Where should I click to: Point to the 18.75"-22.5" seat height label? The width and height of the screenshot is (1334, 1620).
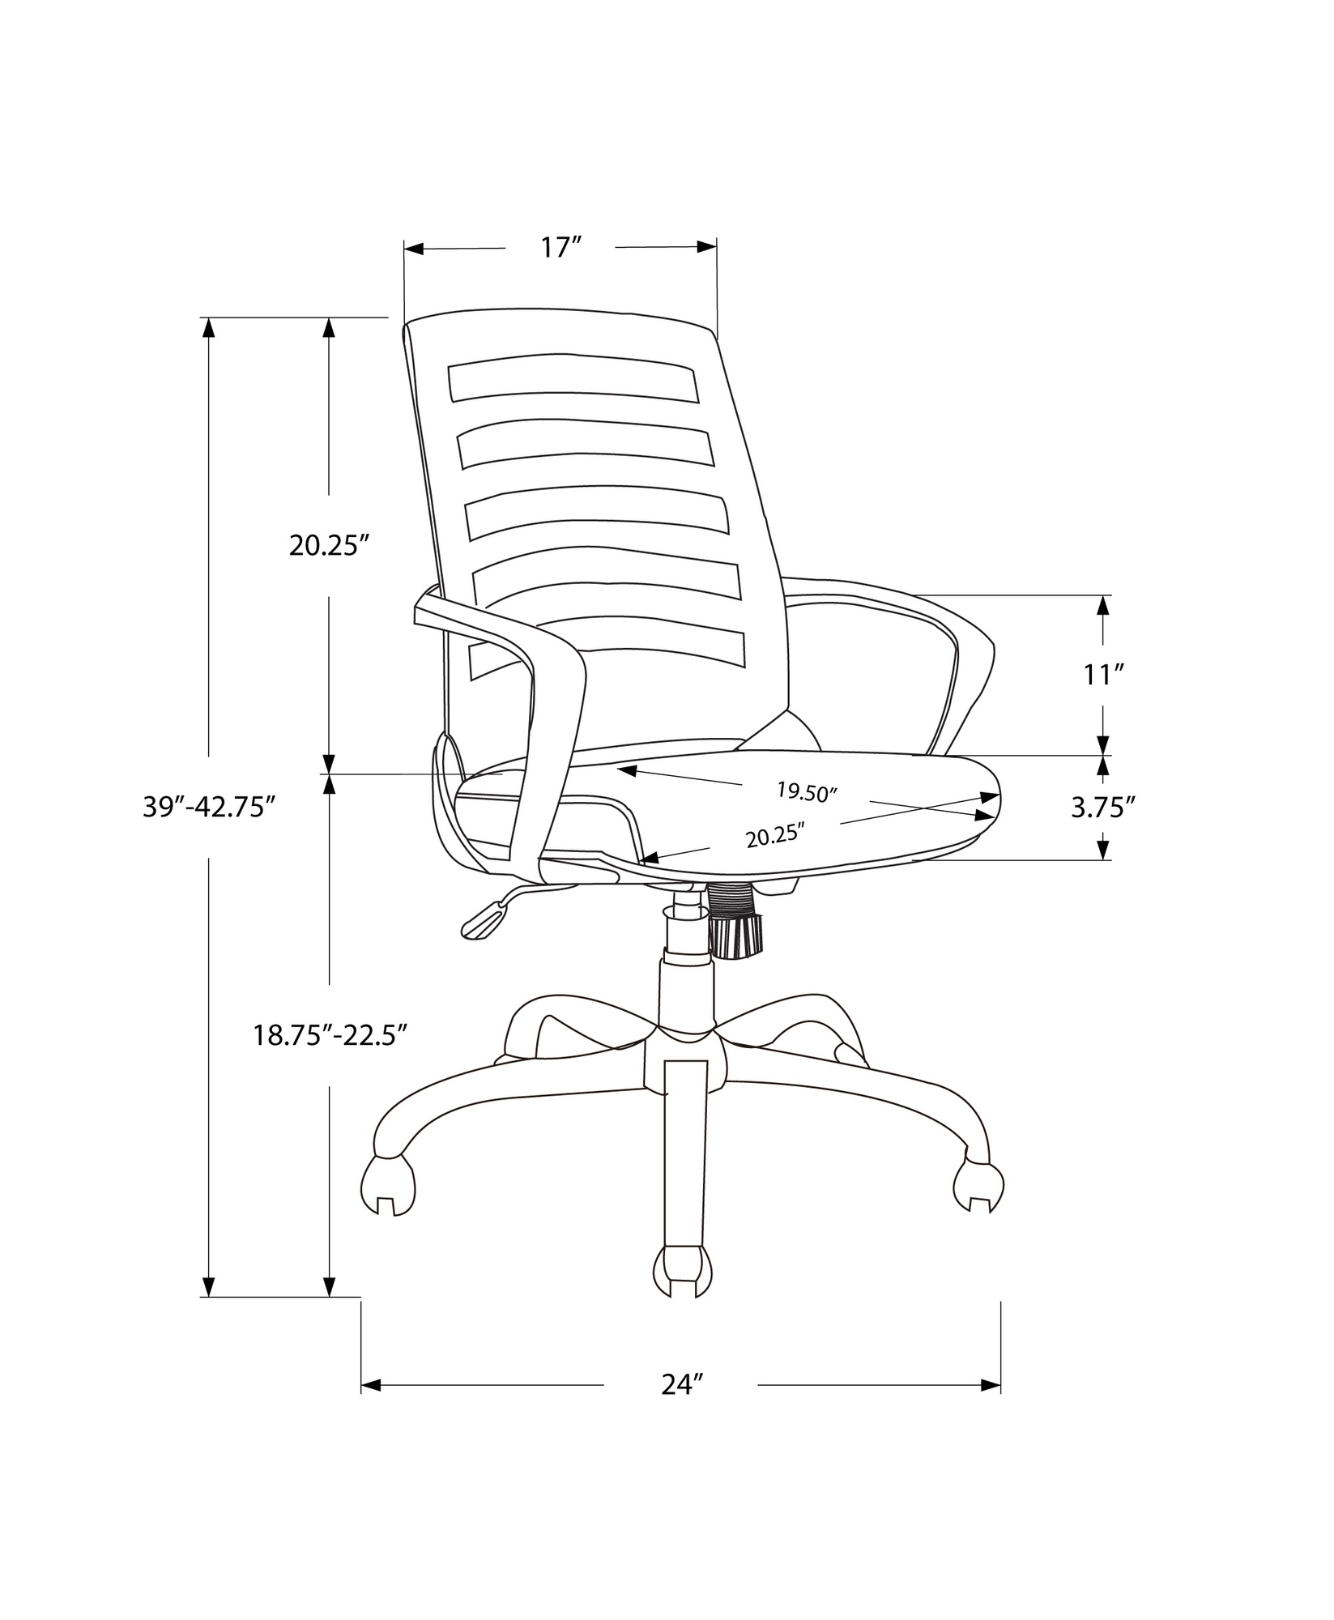[x=330, y=1034]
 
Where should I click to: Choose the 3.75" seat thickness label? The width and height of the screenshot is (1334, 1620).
[x=1102, y=807]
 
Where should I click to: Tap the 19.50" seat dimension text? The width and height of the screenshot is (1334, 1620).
[x=805, y=791]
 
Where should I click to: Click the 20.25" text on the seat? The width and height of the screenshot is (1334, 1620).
[x=775, y=835]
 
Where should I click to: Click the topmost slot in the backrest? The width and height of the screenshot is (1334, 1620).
[x=573, y=378]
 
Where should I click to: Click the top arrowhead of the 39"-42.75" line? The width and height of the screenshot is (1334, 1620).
[x=209, y=328]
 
